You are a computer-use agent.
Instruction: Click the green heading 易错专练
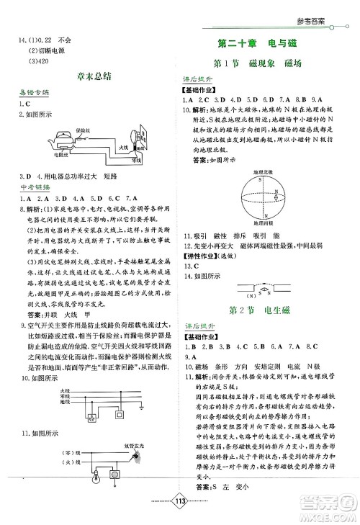34,93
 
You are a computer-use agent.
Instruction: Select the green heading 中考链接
34,188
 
